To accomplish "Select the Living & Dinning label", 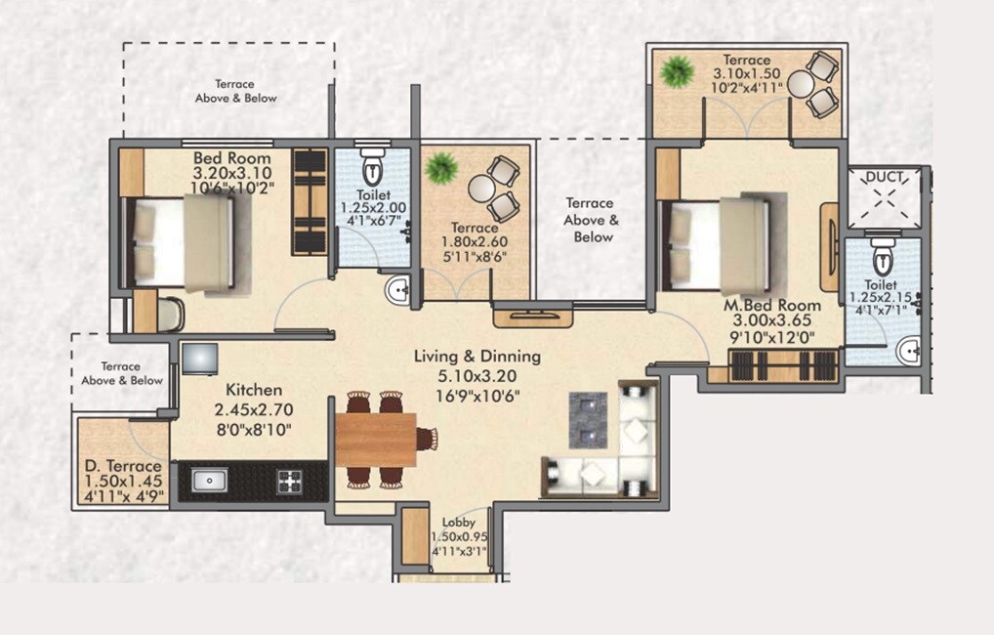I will point(476,357).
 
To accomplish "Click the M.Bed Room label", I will point(771,306).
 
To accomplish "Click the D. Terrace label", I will point(122,466).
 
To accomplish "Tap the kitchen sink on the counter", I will point(209,480).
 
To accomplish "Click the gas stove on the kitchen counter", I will point(289,481).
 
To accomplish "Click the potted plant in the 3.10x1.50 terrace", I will point(676,71).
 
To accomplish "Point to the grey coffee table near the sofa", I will point(589,419).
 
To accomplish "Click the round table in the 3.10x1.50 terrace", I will point(802,85).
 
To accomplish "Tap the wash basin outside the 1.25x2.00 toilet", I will point(397,290).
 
